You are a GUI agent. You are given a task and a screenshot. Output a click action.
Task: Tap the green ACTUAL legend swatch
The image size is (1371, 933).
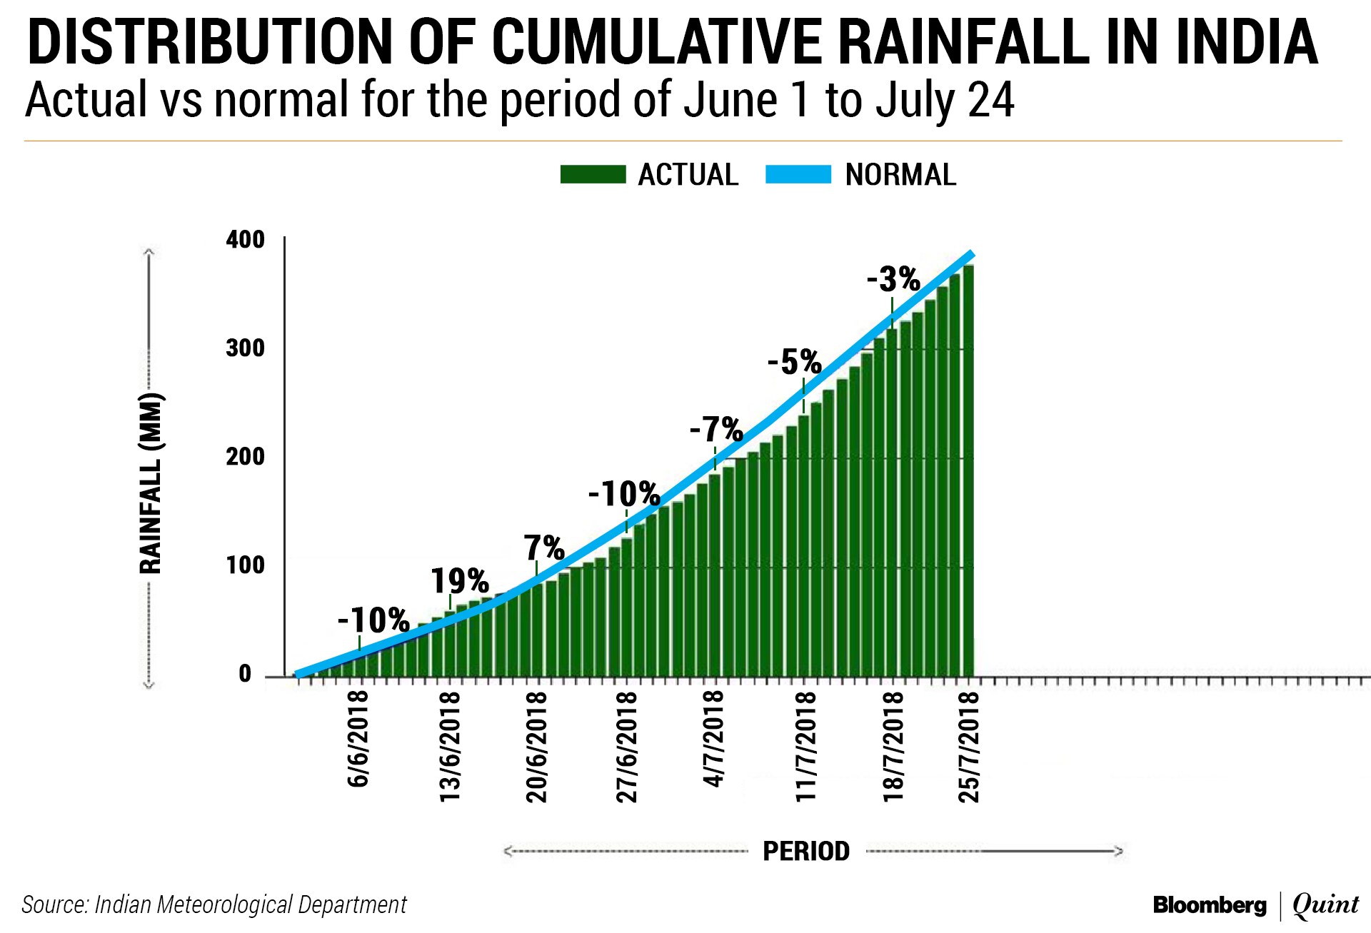(x=593, y=175)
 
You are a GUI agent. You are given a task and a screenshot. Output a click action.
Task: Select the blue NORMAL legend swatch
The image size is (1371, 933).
(x=798, y=175)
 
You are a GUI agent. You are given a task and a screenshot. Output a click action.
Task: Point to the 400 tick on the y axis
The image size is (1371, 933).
(x=246, y=240)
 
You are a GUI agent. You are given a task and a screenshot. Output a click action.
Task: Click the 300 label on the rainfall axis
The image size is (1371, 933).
(x=246, y=348)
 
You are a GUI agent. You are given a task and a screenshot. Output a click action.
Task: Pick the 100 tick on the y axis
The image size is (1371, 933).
(x=246, y=565)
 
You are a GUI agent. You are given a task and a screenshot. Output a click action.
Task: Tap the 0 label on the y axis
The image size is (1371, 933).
(x=246, y=674)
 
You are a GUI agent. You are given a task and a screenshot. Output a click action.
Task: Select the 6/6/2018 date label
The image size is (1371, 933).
(x=358, y=739)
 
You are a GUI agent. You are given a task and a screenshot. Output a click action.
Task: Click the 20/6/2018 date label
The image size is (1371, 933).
(x=537, y=746)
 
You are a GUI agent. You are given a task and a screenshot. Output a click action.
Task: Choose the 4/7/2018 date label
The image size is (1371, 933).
(x=714, y=739)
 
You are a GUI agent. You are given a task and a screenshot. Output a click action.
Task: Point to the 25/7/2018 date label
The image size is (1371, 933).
(x=969, y=746)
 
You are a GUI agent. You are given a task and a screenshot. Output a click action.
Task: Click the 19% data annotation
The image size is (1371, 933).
(x=460, y=581)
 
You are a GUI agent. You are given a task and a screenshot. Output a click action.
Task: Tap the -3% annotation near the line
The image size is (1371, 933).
(x=893, y=279)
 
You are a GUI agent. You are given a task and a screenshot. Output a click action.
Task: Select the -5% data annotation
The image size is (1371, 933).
(x=794, y=363)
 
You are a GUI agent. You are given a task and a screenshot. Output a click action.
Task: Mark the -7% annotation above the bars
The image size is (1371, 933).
(x=716, y=430)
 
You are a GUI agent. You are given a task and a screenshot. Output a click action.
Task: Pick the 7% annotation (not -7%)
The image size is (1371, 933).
(x=544, y=548)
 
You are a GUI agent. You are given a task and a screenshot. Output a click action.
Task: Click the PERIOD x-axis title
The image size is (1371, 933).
(x=806, y=851)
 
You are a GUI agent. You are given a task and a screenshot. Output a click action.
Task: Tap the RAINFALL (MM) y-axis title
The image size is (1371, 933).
(x=151, y=483)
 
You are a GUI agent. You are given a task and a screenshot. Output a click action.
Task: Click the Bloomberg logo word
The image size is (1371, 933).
(x=1210, y=905)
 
